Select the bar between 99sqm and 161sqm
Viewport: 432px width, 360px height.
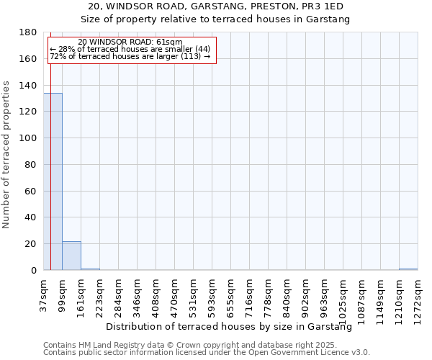71,256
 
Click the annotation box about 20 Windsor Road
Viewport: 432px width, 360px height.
131,50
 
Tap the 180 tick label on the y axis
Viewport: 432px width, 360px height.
28,32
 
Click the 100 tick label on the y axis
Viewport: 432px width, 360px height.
28,138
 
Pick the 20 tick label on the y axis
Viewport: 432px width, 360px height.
31,244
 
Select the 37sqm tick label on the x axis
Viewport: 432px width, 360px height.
43,294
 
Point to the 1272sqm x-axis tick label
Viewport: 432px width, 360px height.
418,299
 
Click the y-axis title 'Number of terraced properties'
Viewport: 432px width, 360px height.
7,155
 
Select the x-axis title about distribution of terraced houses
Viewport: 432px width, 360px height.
233,327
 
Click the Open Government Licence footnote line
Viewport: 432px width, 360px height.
207,352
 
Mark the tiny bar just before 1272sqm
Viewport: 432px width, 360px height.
408,269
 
